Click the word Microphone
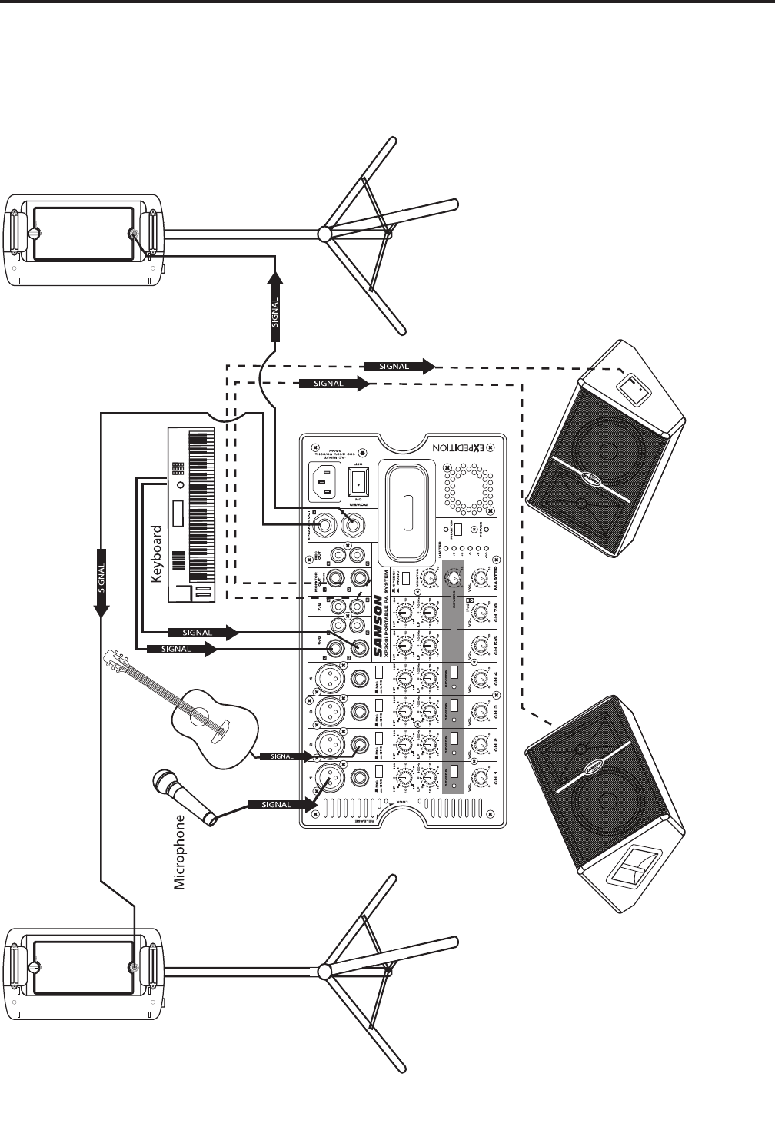tap(180, 853)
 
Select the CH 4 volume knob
tap(481, 680)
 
